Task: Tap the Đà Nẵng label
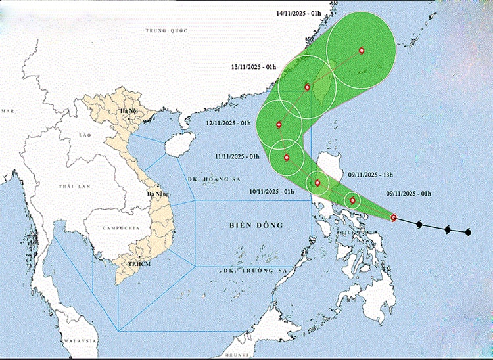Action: tap(158, 194)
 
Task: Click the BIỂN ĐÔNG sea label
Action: tap(256, 225)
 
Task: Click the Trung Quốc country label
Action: tap(167, 30)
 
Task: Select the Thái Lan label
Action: tap(74, 187)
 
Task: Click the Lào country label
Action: tap(84, 133)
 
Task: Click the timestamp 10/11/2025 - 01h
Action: tap(271, 191)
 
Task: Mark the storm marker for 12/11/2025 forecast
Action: tap(279, 124)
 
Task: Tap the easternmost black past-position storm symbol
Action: tap(468, 233)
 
